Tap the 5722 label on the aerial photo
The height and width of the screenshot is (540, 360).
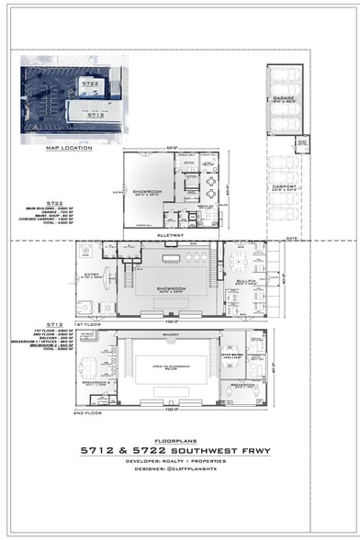point(90,83)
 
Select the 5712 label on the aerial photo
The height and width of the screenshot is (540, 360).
point(95,116)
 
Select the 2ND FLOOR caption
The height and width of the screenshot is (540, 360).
point(89,412)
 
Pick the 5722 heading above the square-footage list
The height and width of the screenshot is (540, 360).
point(55,201)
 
